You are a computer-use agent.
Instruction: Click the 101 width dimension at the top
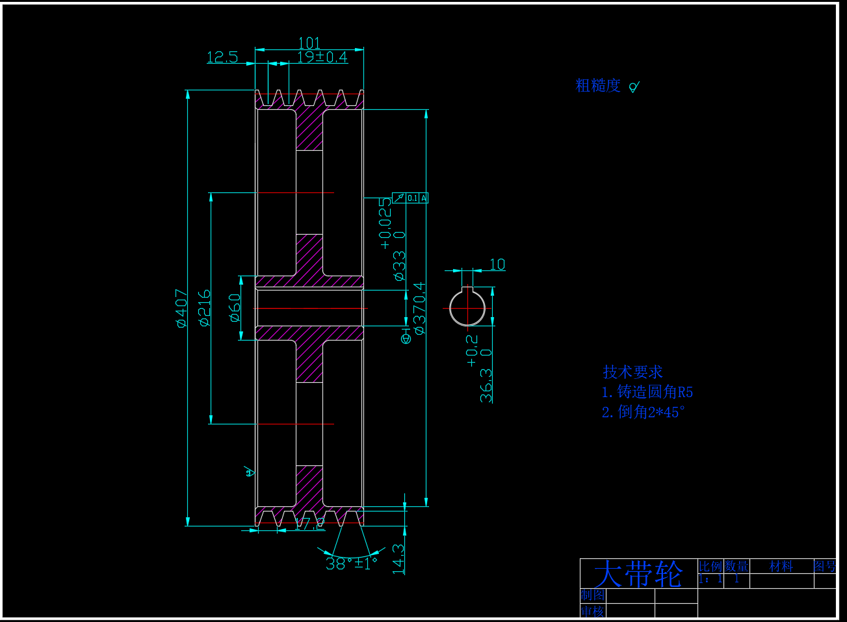click(309, 43)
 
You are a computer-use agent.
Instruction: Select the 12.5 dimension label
click(222, 57)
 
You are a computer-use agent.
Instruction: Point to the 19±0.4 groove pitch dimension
click(322, 57)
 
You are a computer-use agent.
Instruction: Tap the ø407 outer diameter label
click(182, 308)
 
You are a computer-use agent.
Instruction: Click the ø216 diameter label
click(205, 308)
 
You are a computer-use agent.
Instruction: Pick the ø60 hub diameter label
click(235, 308)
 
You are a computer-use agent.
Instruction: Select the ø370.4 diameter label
click(420, 308)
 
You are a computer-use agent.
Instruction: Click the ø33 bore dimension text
click(399, 265)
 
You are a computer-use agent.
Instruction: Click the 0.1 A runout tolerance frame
click(411, 198)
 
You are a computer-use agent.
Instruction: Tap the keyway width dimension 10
click(497, 265)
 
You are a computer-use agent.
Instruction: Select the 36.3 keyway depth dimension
click(486, 385)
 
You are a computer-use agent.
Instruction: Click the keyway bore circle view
click(467, 308)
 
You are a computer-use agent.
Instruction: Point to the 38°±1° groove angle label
click(352, 564)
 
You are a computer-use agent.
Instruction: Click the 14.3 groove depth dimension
click(398, 559)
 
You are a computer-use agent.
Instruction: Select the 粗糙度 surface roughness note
click(598, 86)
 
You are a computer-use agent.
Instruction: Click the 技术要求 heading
click(632, 372)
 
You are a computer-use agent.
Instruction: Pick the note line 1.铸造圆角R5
click(647, 392)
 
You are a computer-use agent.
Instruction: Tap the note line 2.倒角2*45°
click(644, 412)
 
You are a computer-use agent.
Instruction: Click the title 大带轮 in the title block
click(638, 574)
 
